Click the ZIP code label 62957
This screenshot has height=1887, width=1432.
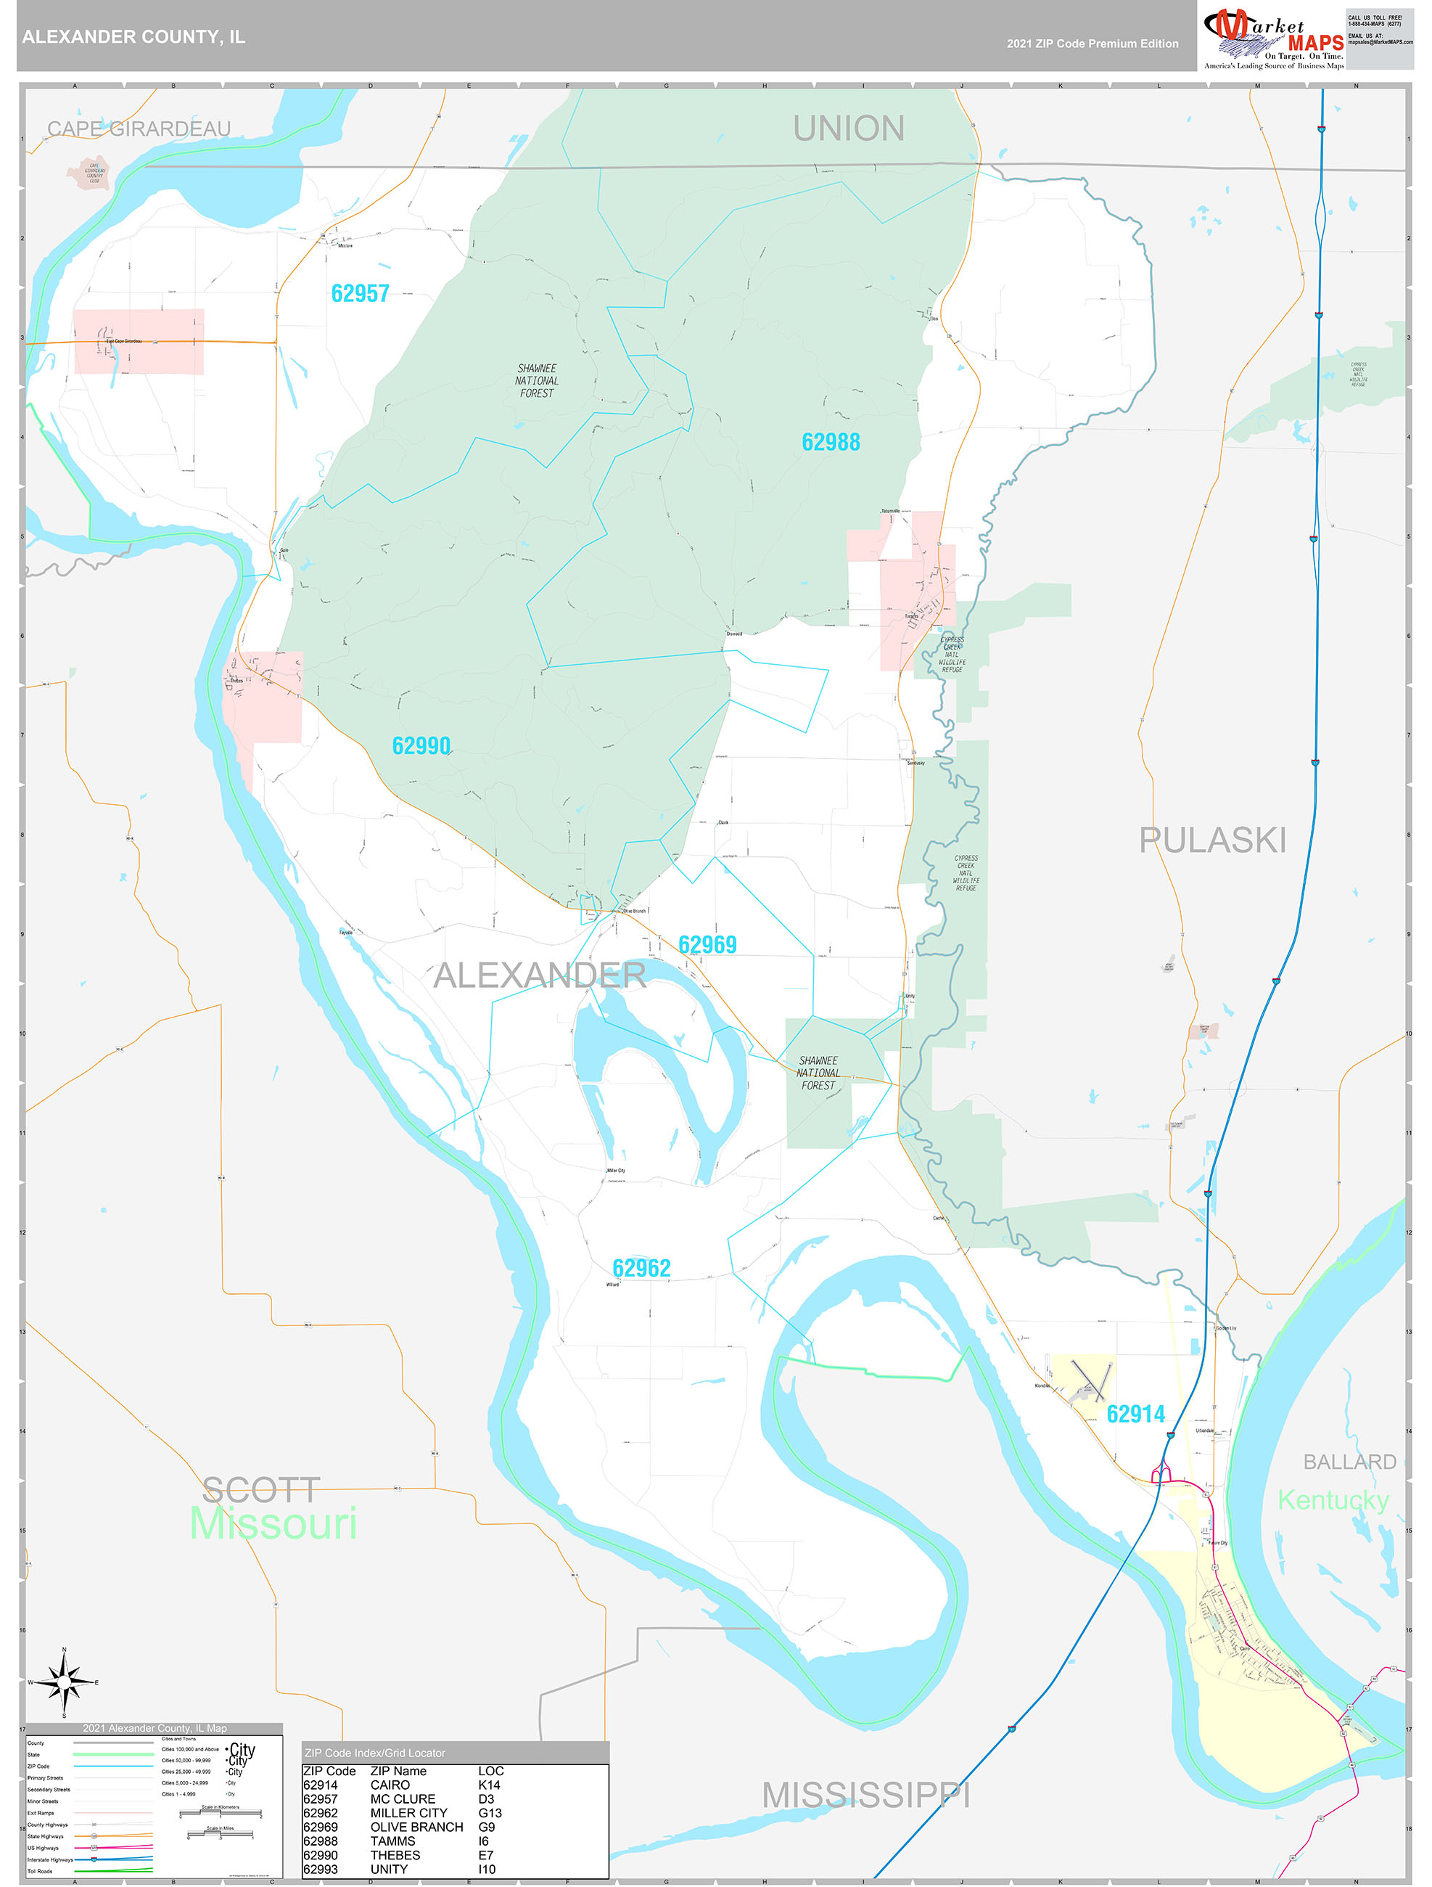(x=360, y=293)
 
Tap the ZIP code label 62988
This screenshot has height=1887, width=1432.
(x=831, y=442)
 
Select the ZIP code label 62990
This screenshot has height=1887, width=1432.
(x=421, y=745)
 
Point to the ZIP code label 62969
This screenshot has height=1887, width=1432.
(x=707, y=944)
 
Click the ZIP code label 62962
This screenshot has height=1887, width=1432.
(x=641, y=1268)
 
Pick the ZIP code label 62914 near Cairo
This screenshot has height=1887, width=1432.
(x=1135, y=1414)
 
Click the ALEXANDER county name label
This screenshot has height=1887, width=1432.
(x=539, y=975)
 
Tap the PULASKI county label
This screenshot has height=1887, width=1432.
(x=1212, y=840)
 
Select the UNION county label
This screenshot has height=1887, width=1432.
(x=849, y=128)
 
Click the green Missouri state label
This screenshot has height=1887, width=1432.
(x=273, y=1523)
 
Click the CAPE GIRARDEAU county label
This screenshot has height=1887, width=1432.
(x=139, y=128)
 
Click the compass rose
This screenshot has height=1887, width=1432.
(x=64, y=1682)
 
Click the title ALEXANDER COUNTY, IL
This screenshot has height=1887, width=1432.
(x=134, y=37)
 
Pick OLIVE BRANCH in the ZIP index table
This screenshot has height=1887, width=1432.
(x=416, y=1827)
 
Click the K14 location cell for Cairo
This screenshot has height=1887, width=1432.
(x=489, y=1785)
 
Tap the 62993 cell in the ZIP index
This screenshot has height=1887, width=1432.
(x=320, y=1868)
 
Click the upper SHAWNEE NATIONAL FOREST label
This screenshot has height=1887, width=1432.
(x=537, y=380)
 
